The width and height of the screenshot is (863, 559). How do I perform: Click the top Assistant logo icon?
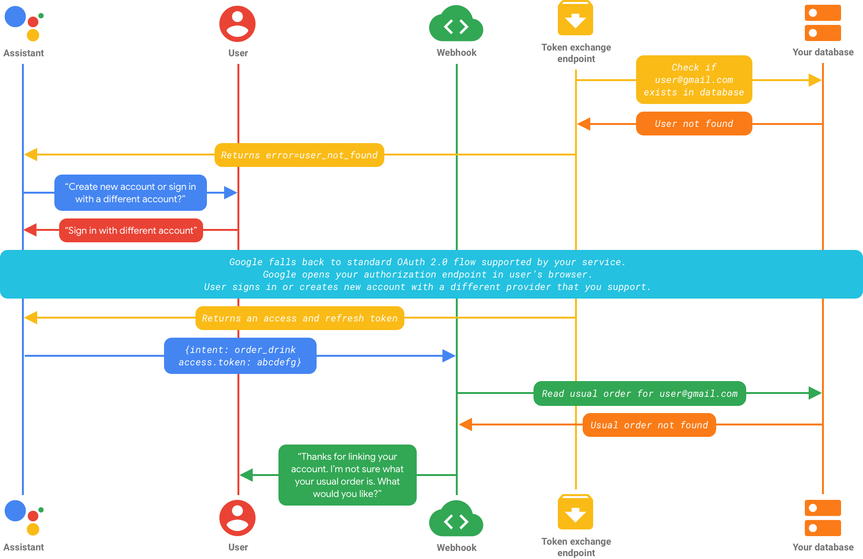click(x=23, y=23)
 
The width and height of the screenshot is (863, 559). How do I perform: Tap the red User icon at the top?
click(x=237, y=23)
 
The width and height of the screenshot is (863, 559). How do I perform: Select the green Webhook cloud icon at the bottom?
click(x=456, y=519)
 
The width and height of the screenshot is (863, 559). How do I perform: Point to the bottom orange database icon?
click(x=822, y=518)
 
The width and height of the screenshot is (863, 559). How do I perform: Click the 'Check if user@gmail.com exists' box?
click(x=694, y=80)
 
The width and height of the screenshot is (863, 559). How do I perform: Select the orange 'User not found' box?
click(x=694, y=124)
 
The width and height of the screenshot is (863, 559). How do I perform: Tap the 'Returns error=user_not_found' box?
click(x=299, y=155)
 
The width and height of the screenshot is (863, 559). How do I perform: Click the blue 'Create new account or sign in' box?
click(x=130, y=193)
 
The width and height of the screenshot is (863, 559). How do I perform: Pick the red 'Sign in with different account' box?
click(x=131, y=230)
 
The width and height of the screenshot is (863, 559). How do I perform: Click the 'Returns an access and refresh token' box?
click(x=299, y=318)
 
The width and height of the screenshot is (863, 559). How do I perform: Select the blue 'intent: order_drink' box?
click(x=240, y=356)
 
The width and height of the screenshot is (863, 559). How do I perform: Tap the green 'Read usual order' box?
click(x=639, y=393)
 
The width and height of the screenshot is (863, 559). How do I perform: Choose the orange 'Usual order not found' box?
click(x=649, y=425)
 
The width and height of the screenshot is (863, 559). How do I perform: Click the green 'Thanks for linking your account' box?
click(x=347, y=475)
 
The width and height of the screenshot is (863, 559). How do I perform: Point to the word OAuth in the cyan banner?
click(x=411, y=262)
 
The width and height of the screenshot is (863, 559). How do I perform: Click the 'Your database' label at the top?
click(x=823, y=52)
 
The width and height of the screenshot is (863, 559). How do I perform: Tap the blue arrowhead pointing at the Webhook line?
click(x=449, y=356)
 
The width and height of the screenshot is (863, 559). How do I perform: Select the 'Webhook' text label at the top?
click(x=456, y=52)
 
